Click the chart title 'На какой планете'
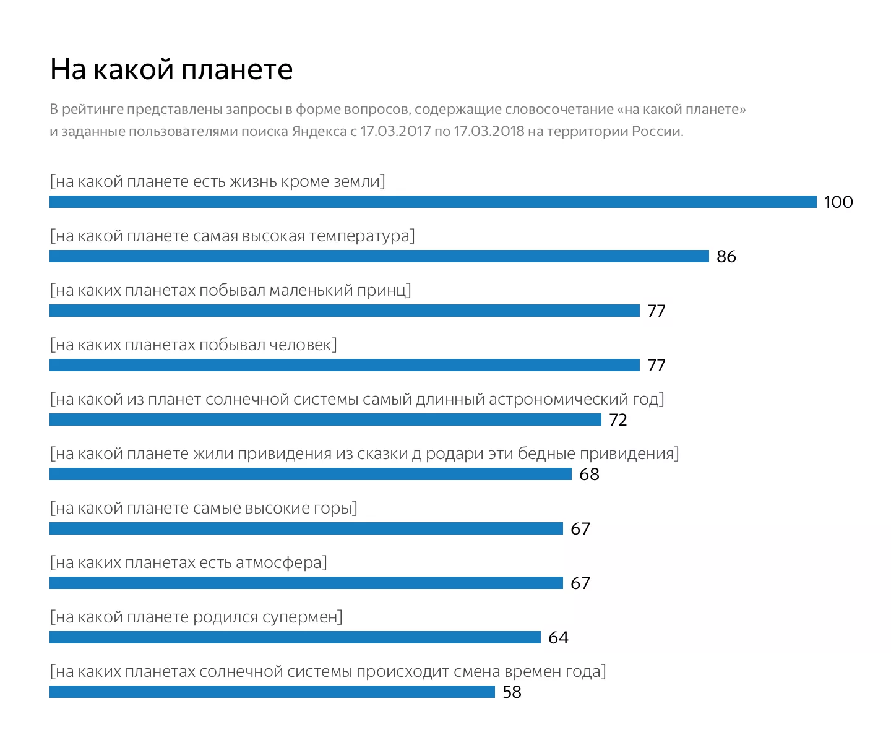coord(171,69)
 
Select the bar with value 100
coord(433,202)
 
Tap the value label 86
coord(726,256)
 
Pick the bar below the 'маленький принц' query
coord(344,311)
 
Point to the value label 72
coord(618,419)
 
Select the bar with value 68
coord(310,474)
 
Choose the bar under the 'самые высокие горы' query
coord(306,528)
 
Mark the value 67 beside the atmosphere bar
coord(580,583)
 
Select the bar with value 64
coord(295,637)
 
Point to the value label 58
coord(512,692)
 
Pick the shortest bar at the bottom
coord(272,692)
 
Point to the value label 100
coord(838,202)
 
